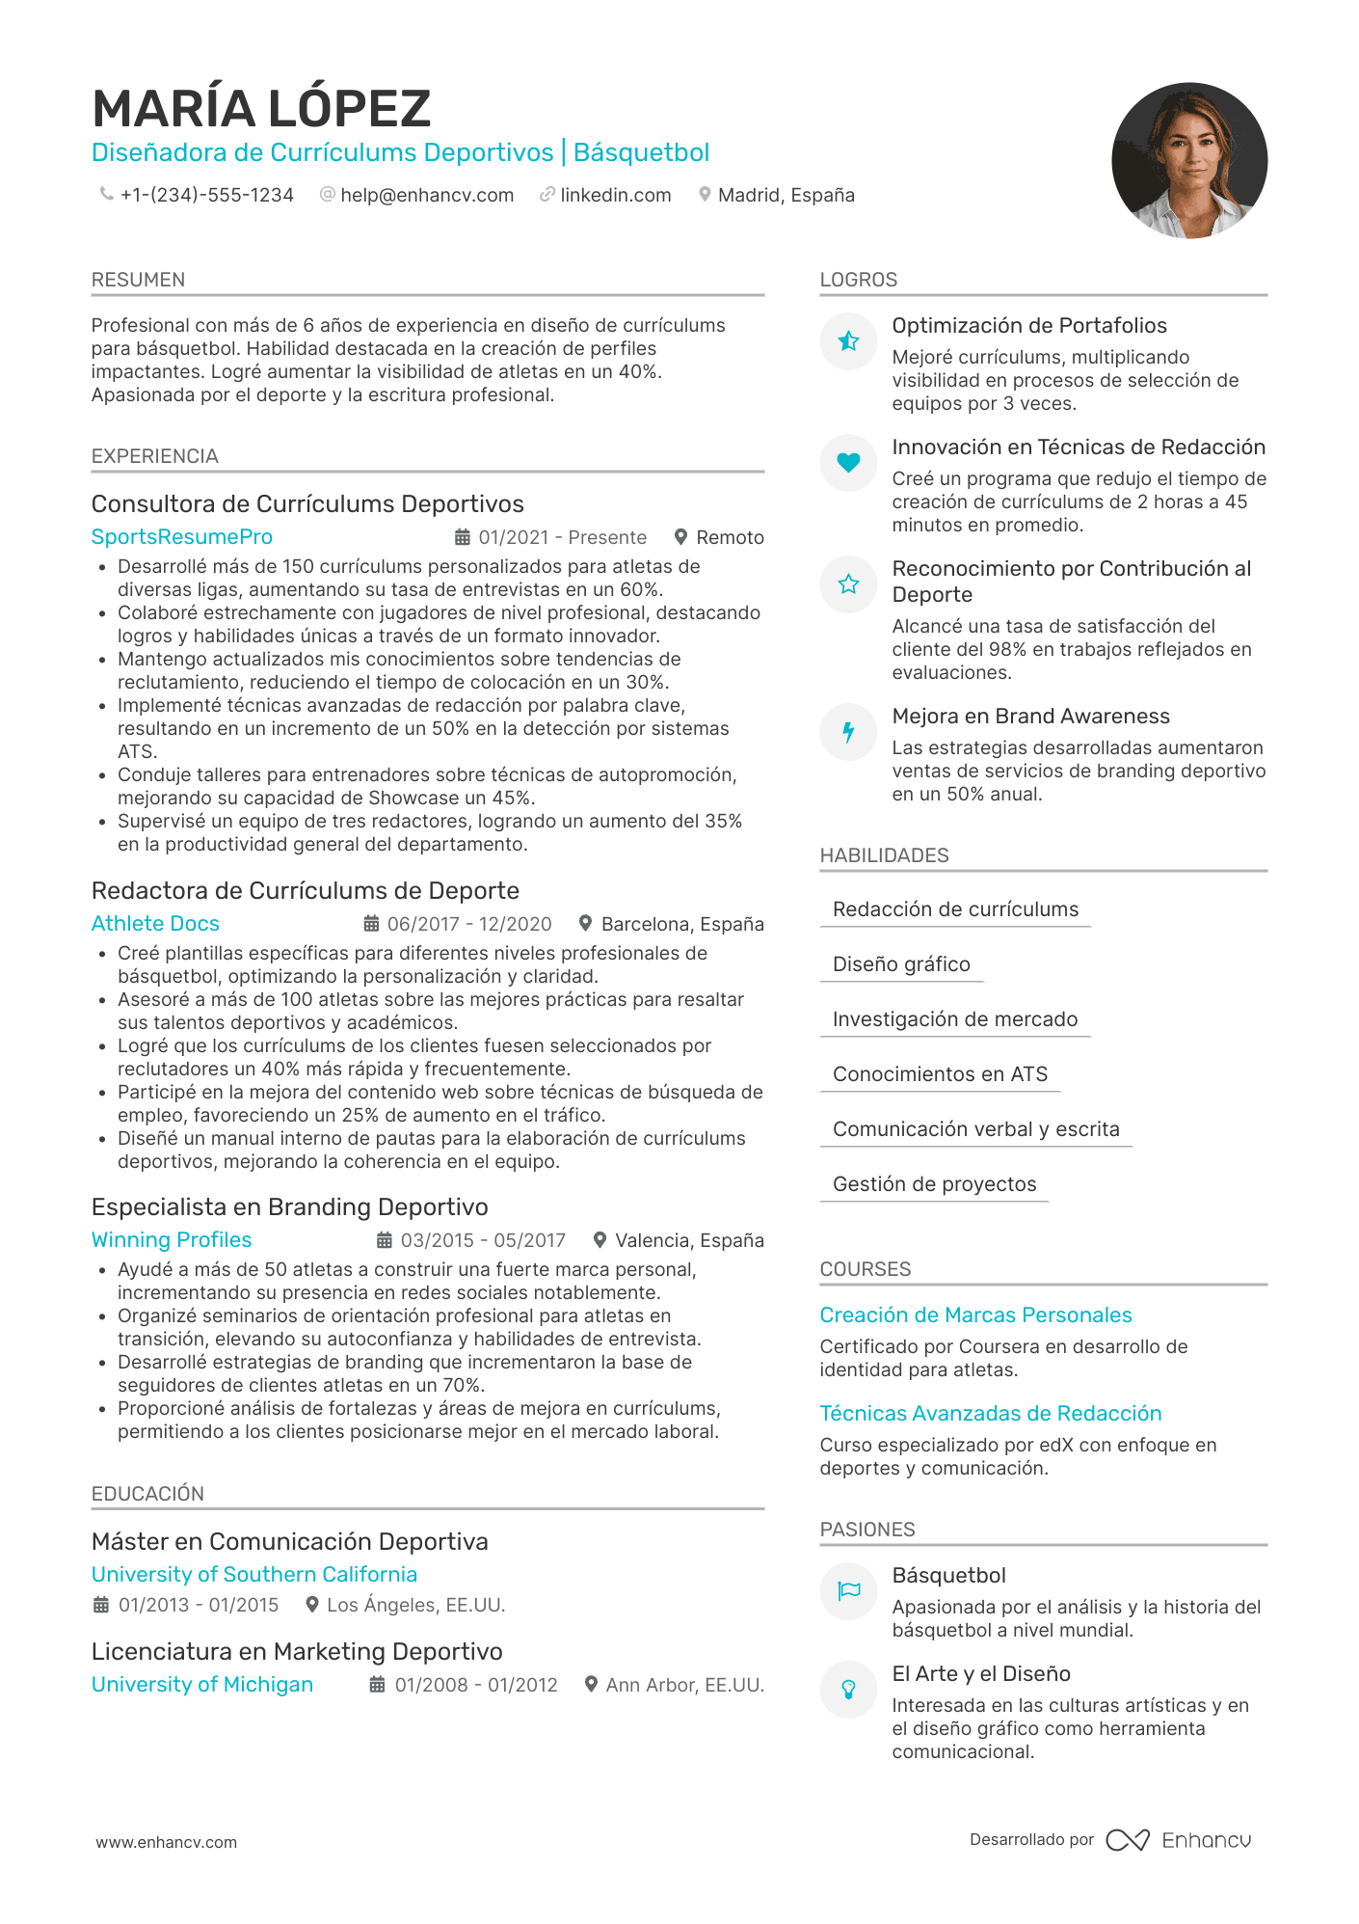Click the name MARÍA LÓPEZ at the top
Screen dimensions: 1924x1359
point(261,108)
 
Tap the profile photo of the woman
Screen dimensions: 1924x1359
point(1188,161)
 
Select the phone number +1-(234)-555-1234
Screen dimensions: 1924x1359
point(206,195)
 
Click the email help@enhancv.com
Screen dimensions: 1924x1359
point(427,195)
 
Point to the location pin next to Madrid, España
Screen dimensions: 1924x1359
point(705,195)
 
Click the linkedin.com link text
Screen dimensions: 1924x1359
point(615,195)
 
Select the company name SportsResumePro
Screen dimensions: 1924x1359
point(182,537)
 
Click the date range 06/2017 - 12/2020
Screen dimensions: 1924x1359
point(469,924)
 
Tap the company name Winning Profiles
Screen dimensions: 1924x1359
point(172,1240)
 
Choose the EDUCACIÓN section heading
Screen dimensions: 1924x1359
point(147,1494)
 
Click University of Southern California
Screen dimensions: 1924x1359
point(254,1575)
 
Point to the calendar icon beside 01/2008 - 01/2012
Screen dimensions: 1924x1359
point(378,1685)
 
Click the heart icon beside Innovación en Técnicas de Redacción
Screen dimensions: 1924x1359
point(848,463)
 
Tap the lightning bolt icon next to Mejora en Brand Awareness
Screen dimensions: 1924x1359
point(848,732)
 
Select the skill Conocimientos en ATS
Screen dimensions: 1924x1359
point(940,1074)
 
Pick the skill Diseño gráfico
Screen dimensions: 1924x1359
point(901,964)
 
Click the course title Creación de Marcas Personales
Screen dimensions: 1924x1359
point(975,1315)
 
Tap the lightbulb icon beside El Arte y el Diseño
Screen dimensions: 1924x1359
point(848,1690)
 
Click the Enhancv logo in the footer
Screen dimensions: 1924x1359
point(1179,1840)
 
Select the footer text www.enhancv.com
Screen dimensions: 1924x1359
point(166,1842)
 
